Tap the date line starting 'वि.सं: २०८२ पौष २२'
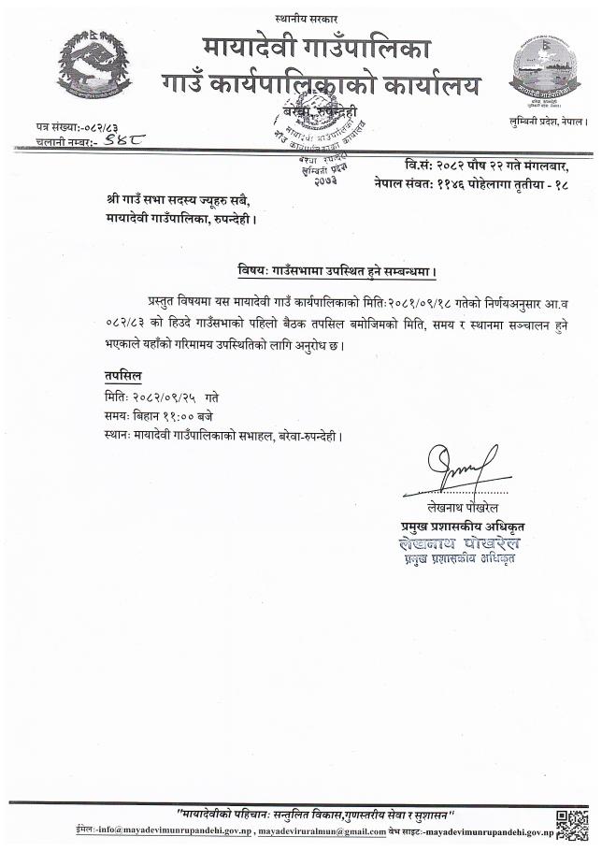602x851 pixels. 477,166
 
